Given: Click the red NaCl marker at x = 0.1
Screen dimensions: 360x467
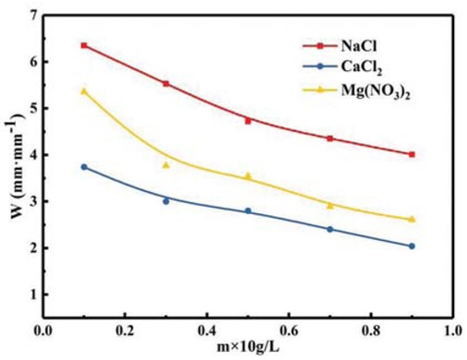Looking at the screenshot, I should click(84, 45).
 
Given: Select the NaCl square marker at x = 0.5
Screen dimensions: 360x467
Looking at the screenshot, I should click(248, 121).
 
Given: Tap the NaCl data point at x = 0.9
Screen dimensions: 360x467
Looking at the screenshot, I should click(412, 154).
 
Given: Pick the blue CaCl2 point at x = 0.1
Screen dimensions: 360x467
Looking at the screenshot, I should click(84, 167).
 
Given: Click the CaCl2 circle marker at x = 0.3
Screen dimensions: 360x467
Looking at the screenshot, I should click(166, 201).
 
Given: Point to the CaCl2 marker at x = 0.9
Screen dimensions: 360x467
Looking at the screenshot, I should click(412, 246).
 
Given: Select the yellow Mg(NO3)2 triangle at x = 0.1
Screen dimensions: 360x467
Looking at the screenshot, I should click(84, 91).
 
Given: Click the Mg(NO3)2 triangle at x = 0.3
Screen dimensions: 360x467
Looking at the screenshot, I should click(166, 165).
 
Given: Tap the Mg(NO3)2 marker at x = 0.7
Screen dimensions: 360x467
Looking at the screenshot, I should click(329, 205).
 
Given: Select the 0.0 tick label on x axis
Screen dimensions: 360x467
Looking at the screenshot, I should click(43, 330).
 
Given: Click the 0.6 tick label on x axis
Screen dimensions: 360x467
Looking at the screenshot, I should click(289, 330).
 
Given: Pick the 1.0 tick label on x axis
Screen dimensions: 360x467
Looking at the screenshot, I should click(452, 330).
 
